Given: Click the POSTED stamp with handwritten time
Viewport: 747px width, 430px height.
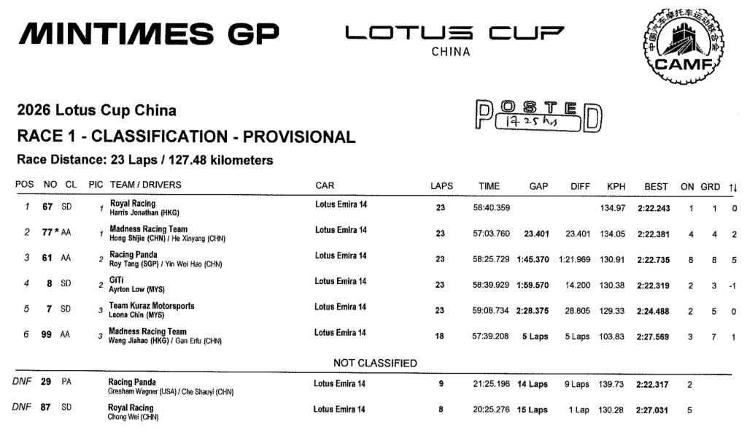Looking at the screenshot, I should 537,116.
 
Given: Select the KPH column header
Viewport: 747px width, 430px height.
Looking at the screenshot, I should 616,186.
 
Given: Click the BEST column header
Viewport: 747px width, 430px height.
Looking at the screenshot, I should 656,186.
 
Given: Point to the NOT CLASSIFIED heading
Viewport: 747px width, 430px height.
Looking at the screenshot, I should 375,363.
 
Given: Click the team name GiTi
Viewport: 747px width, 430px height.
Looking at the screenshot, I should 117,280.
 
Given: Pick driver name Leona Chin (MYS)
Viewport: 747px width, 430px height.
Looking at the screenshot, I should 137,314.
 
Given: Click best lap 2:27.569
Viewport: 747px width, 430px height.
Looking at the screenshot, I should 654,334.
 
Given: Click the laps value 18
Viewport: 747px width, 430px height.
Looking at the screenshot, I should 440,334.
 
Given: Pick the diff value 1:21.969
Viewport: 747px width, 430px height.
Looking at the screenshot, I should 573,260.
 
